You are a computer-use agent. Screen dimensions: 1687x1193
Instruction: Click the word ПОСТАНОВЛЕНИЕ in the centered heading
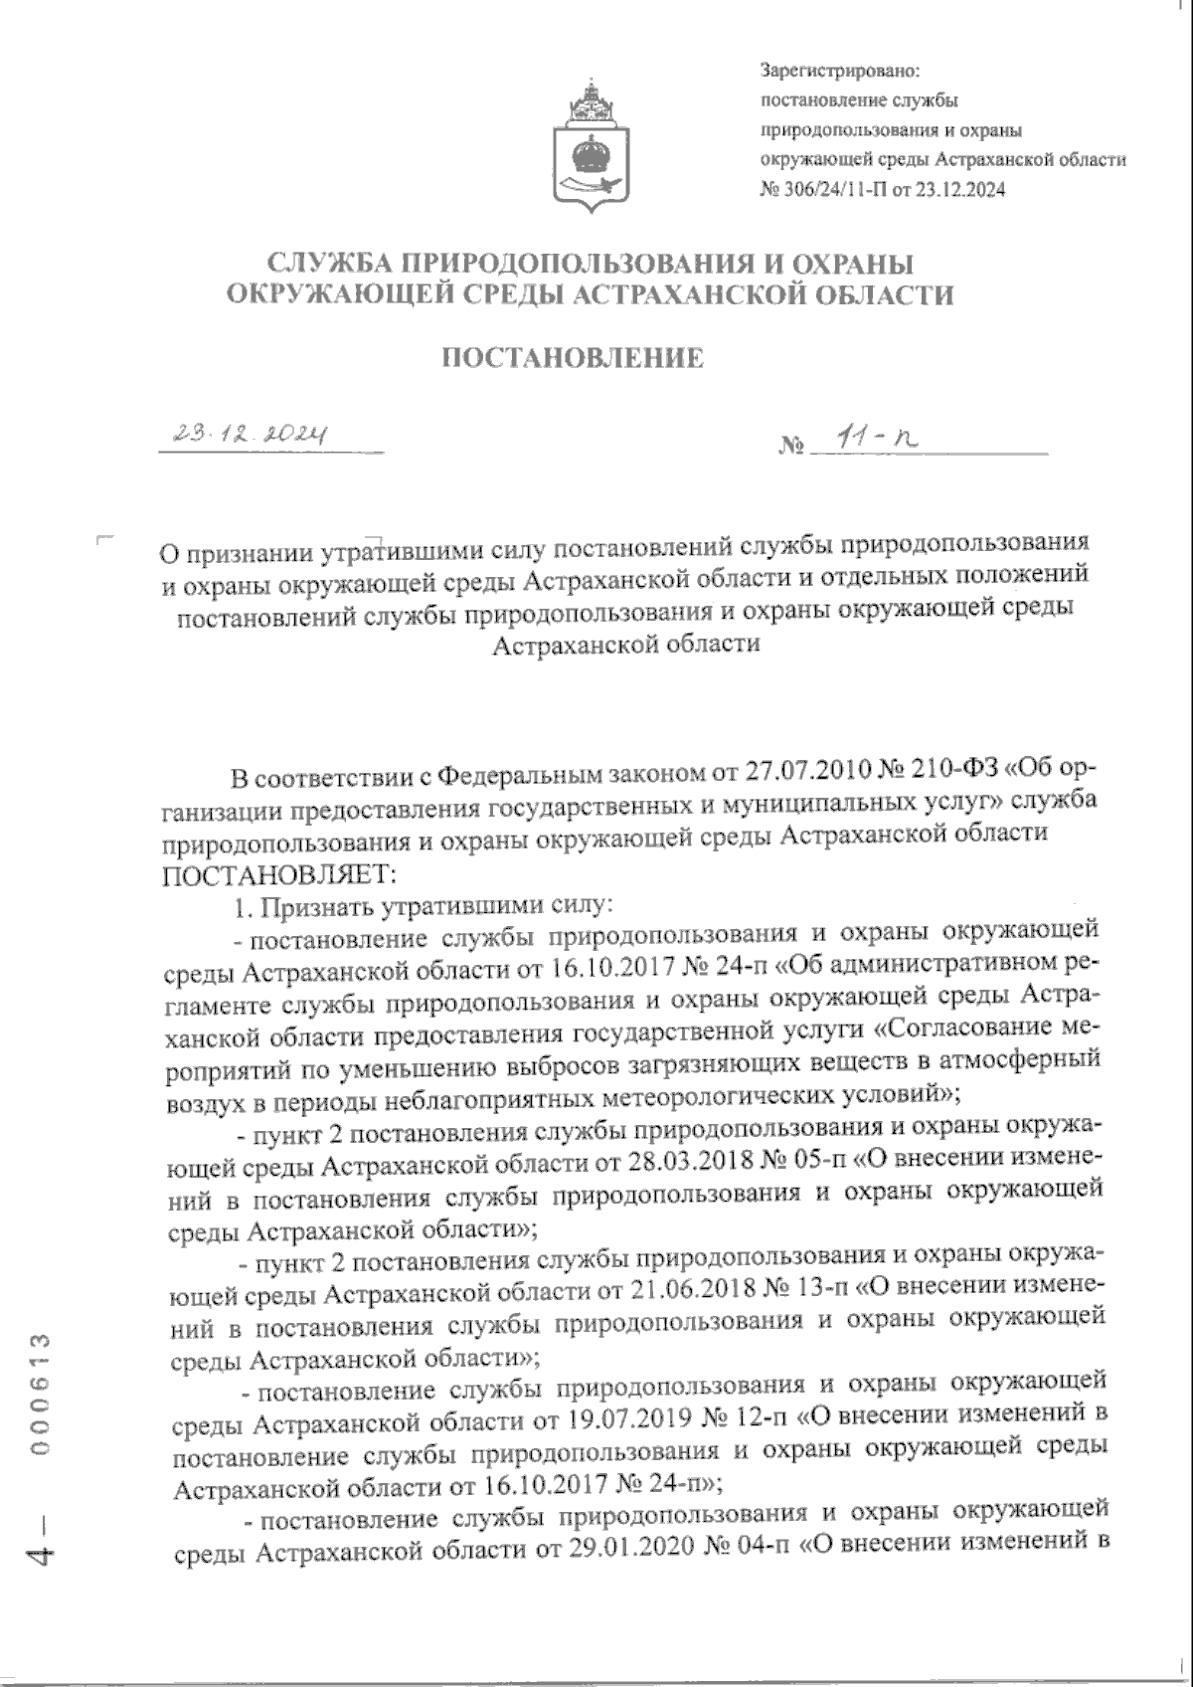pyautogui.click(x=572, y=359)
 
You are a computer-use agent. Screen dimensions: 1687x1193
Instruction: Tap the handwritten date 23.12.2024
pyautogui.click(x=251, y=434)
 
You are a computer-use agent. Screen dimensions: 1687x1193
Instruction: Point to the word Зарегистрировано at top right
pyautogui.click(x=840, y=72)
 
